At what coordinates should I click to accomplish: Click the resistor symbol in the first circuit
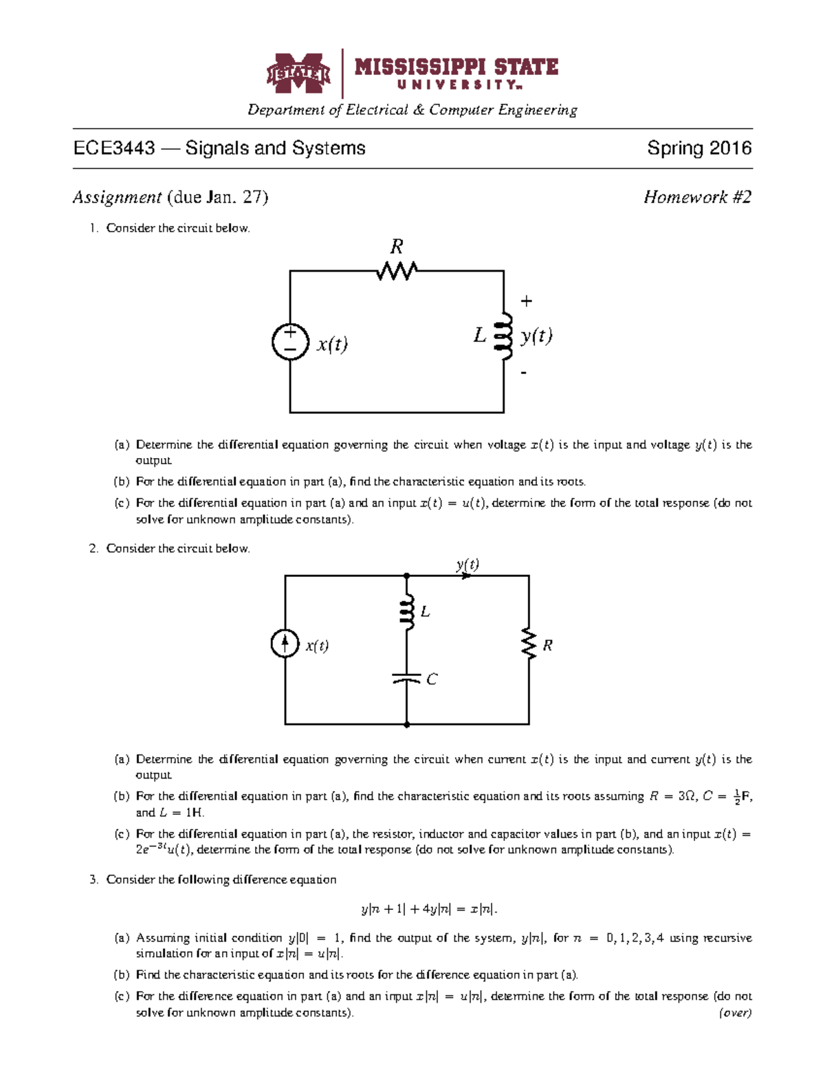pos(397,271)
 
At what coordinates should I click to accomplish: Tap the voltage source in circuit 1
pos(290,342)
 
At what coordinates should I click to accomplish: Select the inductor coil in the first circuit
pos(506,336)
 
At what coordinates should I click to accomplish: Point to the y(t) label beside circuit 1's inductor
pos(536,336)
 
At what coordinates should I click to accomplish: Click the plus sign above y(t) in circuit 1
pos(526,301)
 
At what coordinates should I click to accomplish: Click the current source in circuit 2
pos(285,644)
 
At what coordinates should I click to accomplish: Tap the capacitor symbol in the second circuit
pos(406,679)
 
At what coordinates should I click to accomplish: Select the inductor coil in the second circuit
pos(407,612)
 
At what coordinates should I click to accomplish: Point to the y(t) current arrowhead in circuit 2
pos(467,576)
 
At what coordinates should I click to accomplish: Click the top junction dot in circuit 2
pos(407,576)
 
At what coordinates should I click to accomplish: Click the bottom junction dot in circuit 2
pos(407,724)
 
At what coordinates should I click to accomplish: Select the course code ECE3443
pos(114,149)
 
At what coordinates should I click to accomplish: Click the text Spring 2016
pos(698,149)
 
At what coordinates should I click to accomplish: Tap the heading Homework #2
pos(697,197)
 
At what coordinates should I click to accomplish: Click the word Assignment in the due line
pos(117,198)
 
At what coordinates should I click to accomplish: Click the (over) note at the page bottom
pos(735,1012)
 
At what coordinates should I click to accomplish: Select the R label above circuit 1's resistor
pos(397,246)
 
